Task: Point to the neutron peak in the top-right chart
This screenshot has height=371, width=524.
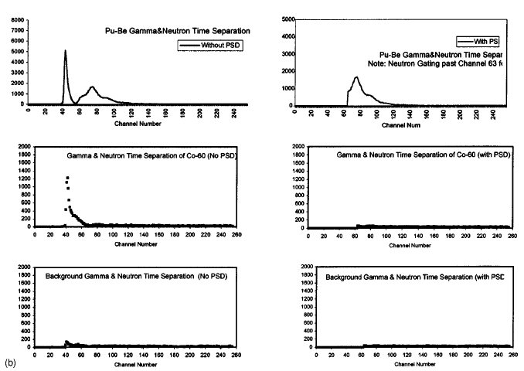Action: (x=356, y=77)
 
